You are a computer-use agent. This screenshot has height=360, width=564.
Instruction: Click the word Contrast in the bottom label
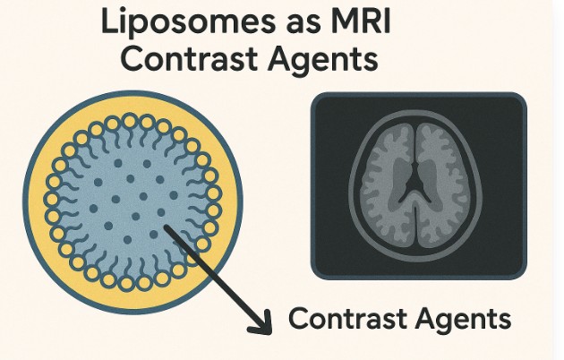tap(346, 319)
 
